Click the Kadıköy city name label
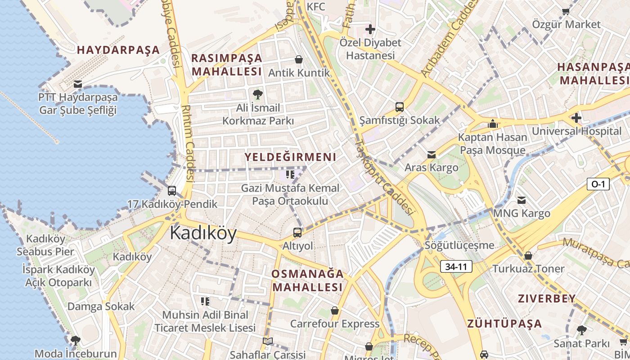tap(203, 234)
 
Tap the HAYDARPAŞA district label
tap(118, 50)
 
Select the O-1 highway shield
tap(598, 184)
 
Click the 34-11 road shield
tap(456, 266)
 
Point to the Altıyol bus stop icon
tap(297, 233)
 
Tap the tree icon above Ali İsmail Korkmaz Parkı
tap(258, 94)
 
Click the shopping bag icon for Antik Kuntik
tap(298, 59)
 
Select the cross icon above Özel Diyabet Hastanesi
tap(370, 30)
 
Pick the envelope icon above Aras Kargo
tap(431, 155)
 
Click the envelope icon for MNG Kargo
tap(522, 200)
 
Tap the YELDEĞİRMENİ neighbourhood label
tap(290, 157)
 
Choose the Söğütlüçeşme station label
tap(459, 246)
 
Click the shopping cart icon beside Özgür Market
tap(566, 11)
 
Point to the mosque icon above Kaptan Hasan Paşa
tap(493, 123)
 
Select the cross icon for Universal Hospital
tap(576, 118)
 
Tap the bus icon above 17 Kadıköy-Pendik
tap(171, 191)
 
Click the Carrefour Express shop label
tap(334, 324)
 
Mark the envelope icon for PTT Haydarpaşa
tap(77, 84)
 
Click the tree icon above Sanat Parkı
tap(581, 330)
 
